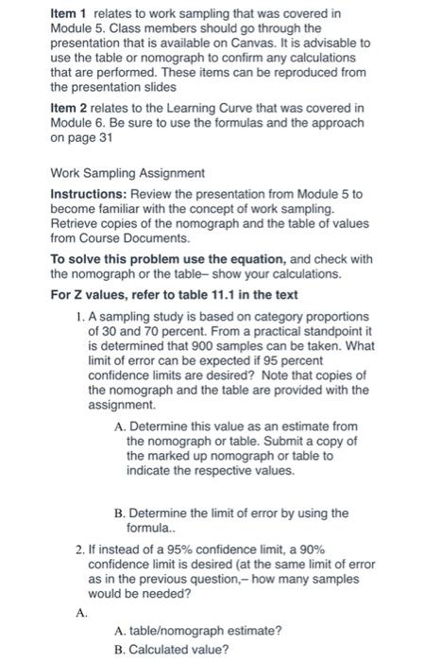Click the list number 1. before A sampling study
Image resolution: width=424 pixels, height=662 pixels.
[78, 315]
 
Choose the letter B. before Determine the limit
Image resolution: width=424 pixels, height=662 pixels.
[118, 512]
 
